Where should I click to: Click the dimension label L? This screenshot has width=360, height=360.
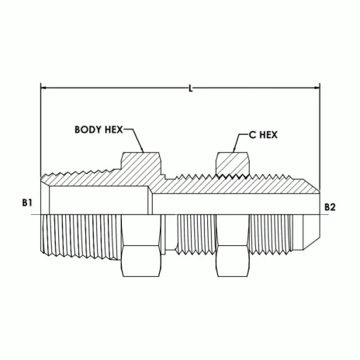(191, 89)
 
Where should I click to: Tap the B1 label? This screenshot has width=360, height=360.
(27, 202)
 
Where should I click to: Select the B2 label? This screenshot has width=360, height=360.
(330, 207)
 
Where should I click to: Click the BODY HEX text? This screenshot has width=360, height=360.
(99, 130)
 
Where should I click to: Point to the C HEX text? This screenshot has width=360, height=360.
(263, 135)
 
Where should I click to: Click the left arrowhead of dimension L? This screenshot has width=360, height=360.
(43, 88)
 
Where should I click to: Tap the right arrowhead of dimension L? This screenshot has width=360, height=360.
(317, 88)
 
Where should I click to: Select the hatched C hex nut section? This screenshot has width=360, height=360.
(233, 164)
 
